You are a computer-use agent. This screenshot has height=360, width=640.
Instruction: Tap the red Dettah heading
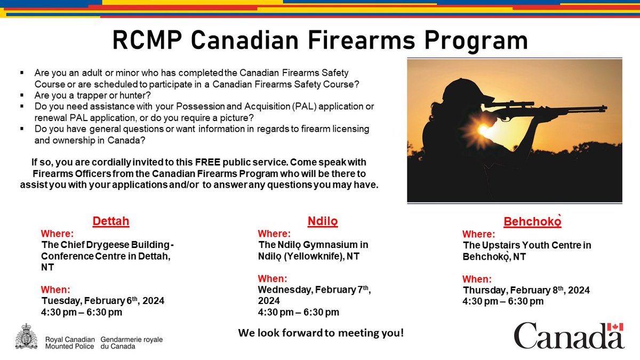[111, 221]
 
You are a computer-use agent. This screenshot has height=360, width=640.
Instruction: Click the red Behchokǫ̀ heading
[532, 221]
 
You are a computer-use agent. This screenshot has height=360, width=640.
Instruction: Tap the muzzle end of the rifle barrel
[605, 108]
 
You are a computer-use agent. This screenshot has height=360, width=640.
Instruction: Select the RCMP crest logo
[26, 337]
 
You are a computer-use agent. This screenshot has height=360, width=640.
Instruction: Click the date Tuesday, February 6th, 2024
[102, 301]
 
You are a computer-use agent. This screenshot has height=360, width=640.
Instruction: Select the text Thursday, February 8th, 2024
[526, 290]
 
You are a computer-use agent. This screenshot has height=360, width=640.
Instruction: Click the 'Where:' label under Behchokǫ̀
[478, 234]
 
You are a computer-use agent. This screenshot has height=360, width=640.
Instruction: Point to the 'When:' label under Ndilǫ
[273, 278]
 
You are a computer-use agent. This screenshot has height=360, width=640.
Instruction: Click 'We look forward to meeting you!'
[321, 333]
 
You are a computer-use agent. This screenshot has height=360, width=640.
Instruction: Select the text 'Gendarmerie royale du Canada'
[131, 342]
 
